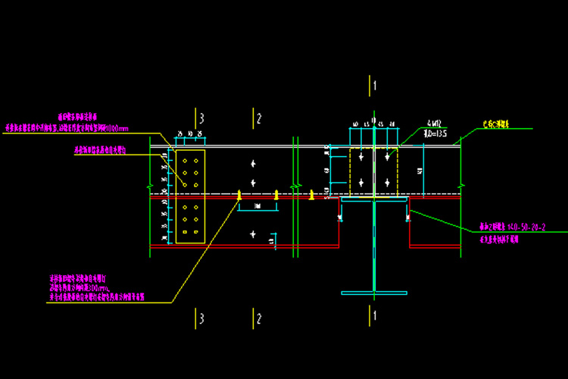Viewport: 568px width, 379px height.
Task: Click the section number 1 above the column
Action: [x=374, y=85]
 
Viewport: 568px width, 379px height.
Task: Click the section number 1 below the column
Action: [x=374, y=314]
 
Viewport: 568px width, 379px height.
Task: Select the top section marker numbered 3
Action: [x=201, y=118]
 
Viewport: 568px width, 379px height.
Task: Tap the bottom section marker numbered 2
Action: [x=259, y=318]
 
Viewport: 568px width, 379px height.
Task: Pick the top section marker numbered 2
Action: [x=259, y=118]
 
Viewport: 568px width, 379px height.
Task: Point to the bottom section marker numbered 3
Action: [x=201, y=318]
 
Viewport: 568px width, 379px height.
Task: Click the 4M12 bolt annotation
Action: [x=433, y=124]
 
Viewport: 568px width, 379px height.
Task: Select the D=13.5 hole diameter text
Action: [x=435, y=133]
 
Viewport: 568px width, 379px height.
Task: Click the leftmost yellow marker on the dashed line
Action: [x=239, y=194]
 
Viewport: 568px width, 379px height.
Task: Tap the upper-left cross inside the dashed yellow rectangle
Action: [x=363, y=156]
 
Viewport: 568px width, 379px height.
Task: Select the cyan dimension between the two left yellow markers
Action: [x=258, y=205]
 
